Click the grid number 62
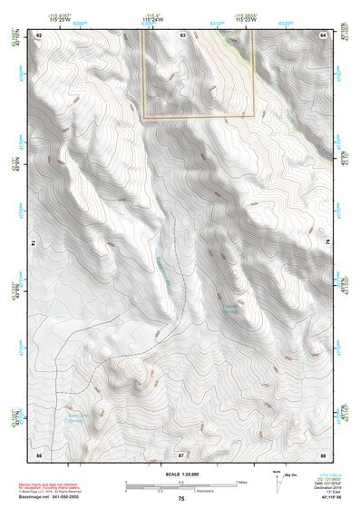[x=39, y=34]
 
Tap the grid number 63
[x=182, y=34]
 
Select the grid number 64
[x=322, y=34]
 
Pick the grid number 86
[x=39, y=453]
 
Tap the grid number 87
[x=181, y=453]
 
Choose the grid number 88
[x=322, y=453]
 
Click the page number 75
[x=181, y=499]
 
